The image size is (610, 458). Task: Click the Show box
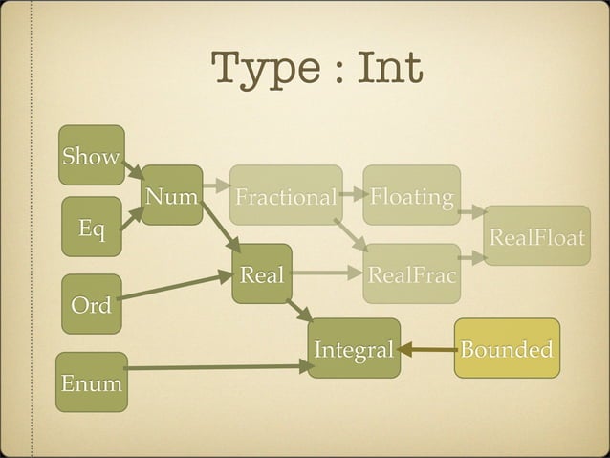click(x=92, y=155)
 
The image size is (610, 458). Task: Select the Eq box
click(x=92, y=228)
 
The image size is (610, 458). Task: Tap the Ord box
click(x=92, y=304)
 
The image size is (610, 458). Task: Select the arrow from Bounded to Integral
click(x=426, y=350)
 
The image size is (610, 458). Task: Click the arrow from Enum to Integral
click(x=215, y=367)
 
